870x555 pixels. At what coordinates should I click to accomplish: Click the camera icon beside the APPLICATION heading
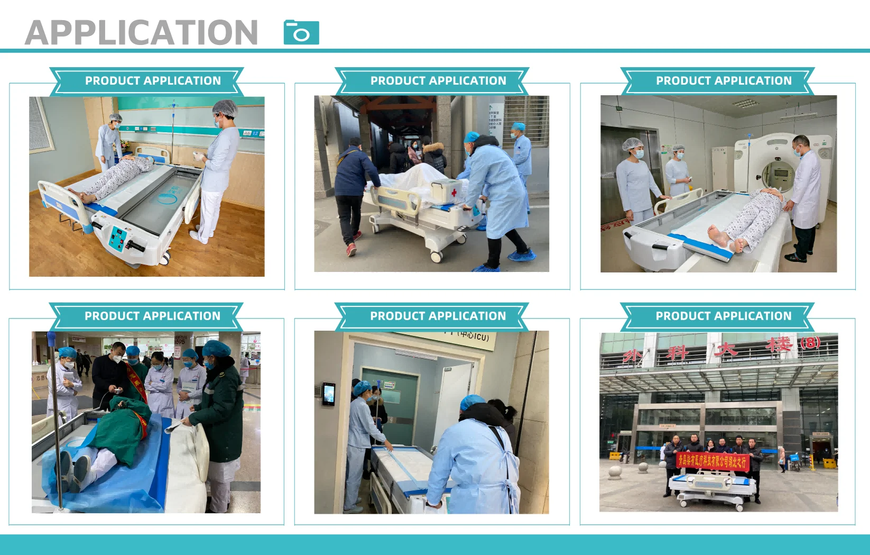click(301, 32)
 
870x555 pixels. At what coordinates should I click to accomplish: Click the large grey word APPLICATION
click(142, 33)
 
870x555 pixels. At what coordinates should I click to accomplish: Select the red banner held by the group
click(712, 461)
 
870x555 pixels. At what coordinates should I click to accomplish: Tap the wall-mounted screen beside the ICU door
click(329, 393)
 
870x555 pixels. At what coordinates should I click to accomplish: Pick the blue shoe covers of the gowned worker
click(521, 257)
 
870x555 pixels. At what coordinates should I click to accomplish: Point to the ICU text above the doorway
click(474, 335)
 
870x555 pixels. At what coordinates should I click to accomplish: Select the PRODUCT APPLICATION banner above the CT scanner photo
click(724, 81)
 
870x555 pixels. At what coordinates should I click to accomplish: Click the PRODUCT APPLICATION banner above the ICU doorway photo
click(438, 316)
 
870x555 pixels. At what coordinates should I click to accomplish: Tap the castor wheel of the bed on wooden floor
click(165, 258)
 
